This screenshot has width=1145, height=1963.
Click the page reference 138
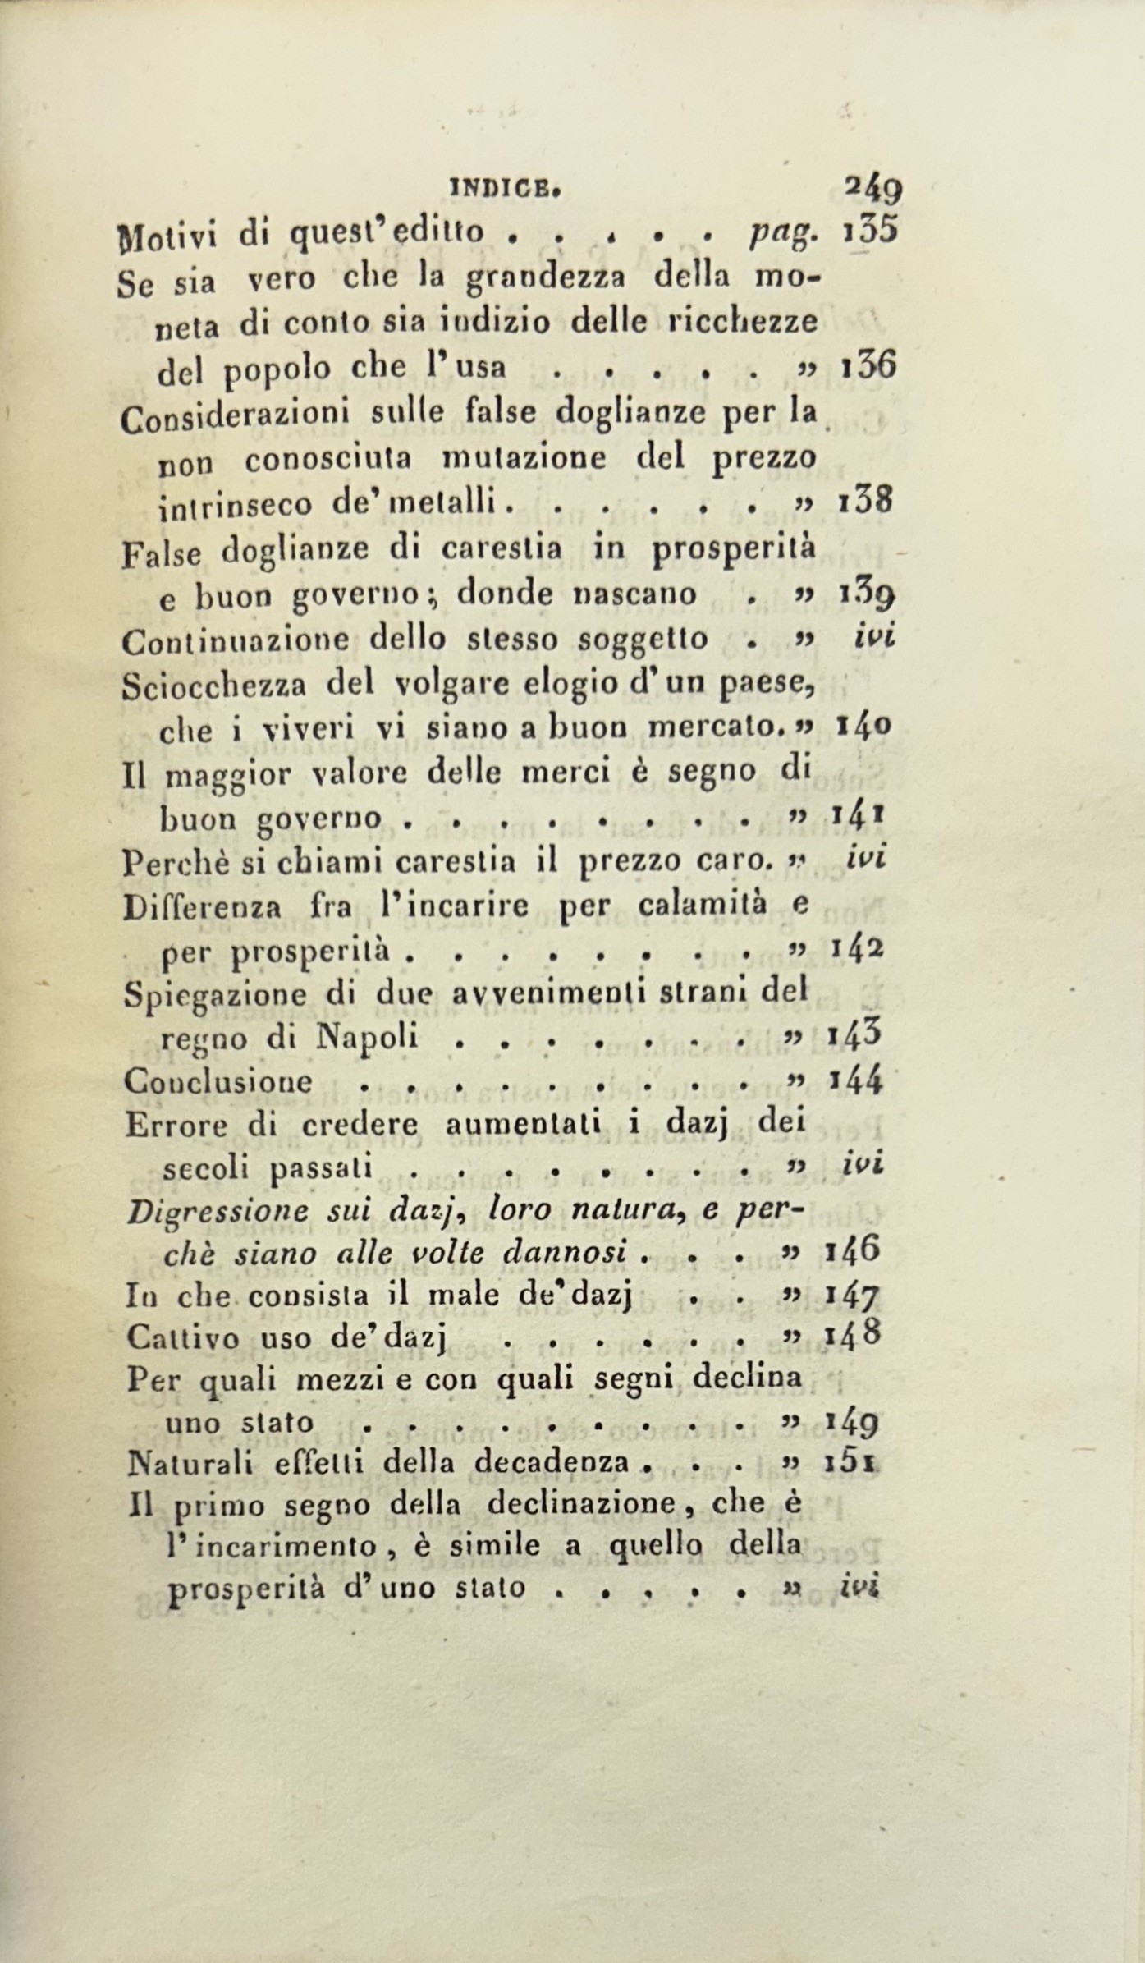pos(865,500)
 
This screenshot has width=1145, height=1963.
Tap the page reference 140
pos(864,725)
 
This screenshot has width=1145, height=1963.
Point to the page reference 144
pos(856,1080)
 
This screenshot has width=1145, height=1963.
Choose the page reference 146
pos(853,1251)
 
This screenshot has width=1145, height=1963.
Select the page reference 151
pos(854,1461)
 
